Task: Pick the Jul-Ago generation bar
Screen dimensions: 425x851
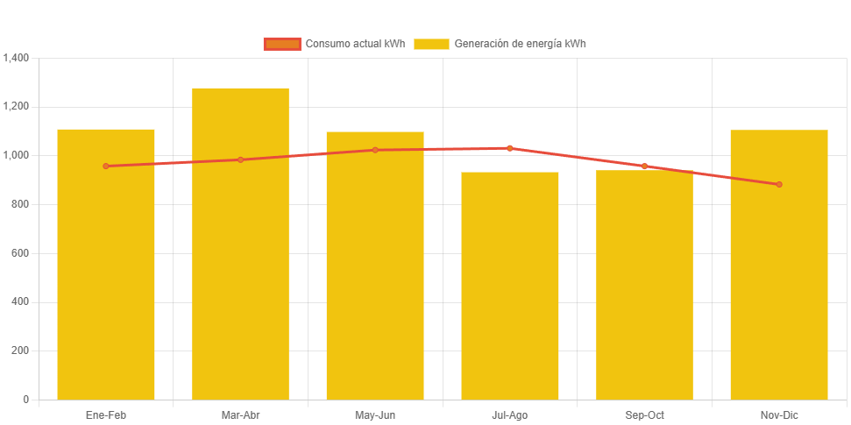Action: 509,289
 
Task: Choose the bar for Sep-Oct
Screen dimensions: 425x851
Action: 644,289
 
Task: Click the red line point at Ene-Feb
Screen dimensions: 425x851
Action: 106,166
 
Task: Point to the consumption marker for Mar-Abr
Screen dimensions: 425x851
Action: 240,159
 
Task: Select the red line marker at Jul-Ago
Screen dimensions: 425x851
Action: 509,148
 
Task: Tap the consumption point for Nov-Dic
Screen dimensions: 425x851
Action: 778,184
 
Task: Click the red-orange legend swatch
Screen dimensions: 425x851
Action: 281,44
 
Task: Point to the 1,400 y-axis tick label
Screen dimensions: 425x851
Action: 17,58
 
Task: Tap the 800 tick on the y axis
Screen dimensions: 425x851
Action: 20,204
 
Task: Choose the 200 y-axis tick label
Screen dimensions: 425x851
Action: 20,351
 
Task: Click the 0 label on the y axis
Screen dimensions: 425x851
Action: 25,400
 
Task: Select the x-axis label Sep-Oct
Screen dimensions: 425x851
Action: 644,414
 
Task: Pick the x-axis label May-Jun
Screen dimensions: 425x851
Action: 375,414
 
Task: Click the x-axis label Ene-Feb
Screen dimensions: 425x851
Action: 106,414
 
